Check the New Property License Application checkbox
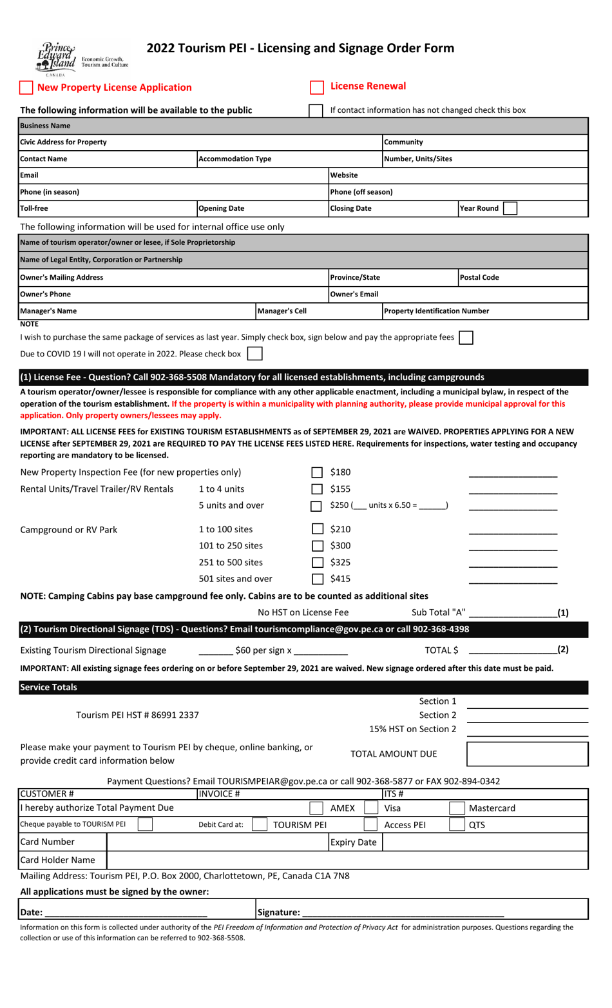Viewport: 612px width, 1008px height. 26,88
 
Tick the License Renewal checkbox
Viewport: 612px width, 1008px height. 317,87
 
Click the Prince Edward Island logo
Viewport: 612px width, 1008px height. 57,57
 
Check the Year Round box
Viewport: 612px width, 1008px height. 510,208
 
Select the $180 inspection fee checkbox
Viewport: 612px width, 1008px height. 317,473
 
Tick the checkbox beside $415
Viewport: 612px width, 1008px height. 317,579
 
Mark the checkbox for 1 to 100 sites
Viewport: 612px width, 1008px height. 317,529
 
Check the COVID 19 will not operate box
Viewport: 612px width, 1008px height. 255,354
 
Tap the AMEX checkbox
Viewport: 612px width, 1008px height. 316,808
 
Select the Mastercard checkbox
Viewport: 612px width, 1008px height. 457,808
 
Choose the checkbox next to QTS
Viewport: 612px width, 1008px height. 457,824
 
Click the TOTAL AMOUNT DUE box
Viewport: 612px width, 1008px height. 527,754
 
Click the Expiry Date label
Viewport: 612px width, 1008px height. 353,842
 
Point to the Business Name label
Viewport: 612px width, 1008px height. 45,126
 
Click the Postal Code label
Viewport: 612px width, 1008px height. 479,278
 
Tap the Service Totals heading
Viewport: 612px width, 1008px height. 48,688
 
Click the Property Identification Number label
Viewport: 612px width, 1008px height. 436,311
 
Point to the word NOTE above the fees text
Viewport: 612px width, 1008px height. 29,324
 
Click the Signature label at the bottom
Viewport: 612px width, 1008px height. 278,912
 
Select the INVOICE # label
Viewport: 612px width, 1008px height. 219,794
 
